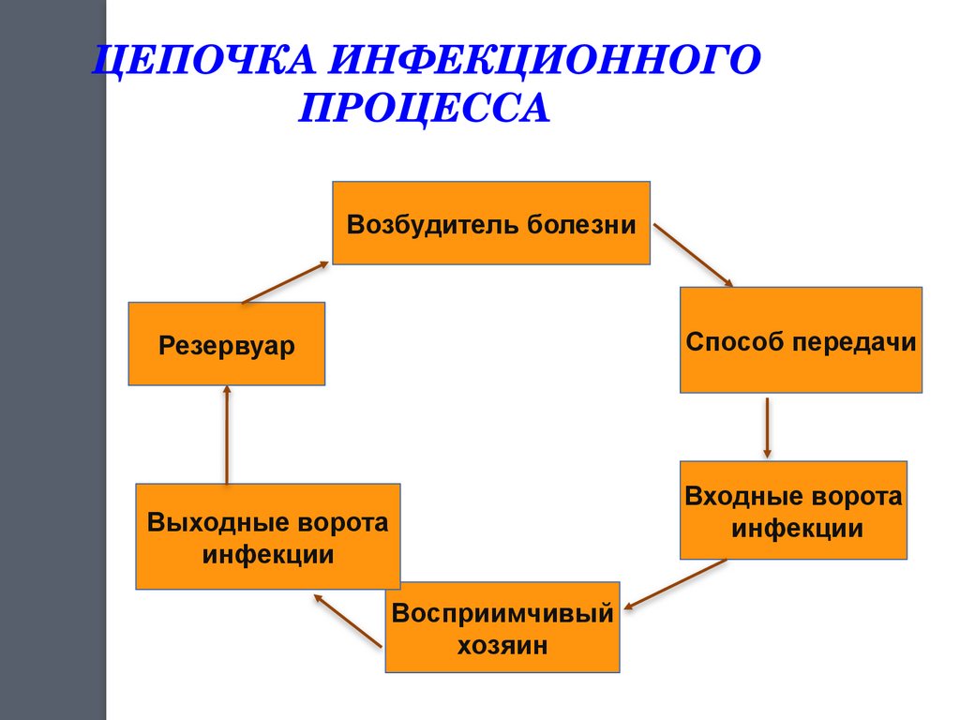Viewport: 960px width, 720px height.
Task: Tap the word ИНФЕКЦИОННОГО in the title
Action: (x=543, y=63)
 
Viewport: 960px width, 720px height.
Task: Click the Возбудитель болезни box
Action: (x=491, y=223)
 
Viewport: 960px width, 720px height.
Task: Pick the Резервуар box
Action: (x=226, y=344)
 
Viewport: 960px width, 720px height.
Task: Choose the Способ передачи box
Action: (x=800, y=339)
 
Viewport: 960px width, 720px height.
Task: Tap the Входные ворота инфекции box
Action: (x=793, y=510)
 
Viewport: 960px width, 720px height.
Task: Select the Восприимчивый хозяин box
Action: (x=502, y=627)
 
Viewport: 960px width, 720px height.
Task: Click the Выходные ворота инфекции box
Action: (x=267, y=536)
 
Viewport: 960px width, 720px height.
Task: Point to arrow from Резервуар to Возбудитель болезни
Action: (x=285, y=282)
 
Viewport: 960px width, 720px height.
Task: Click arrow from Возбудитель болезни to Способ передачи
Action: (x=692, y=253)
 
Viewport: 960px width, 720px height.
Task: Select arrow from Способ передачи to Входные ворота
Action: (x=768, y=427)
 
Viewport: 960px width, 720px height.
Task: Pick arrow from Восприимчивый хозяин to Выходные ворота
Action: (x=348, y=620)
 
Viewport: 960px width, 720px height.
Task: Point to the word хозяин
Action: (x=502, y=645)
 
